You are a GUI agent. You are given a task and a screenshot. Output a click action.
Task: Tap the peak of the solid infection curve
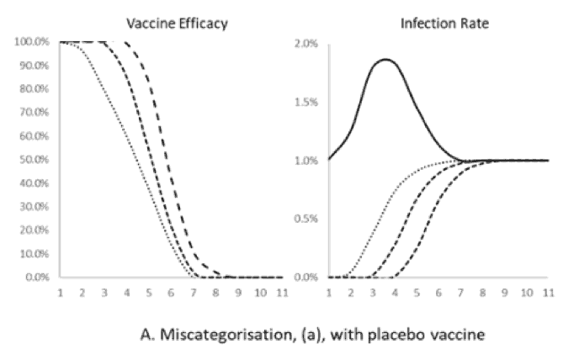[x=386, y=60]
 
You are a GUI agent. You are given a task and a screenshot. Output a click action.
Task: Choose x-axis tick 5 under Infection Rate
[x=417, y=294]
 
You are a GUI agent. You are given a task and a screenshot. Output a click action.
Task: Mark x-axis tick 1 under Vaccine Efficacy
[x=61, y=294]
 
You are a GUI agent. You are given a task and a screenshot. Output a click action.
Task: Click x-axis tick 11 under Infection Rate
[x=548, y=294]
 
